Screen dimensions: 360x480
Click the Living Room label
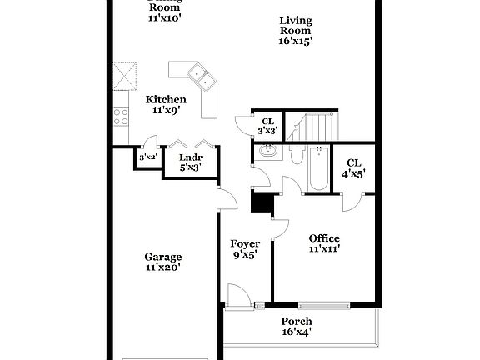[296, 30]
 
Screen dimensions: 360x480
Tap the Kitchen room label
[166, 104]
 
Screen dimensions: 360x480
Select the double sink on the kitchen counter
[199, 77]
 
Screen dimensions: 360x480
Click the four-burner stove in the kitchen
[122, 116]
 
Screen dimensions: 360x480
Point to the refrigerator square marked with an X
[126, 76]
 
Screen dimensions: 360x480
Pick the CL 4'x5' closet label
[354, 168]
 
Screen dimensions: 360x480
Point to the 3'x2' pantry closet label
[148, 157]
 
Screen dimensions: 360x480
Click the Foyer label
[245, 249]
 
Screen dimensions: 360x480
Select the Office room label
[324, 243]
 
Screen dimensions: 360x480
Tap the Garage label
[163, 262]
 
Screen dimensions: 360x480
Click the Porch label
[296, 327]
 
